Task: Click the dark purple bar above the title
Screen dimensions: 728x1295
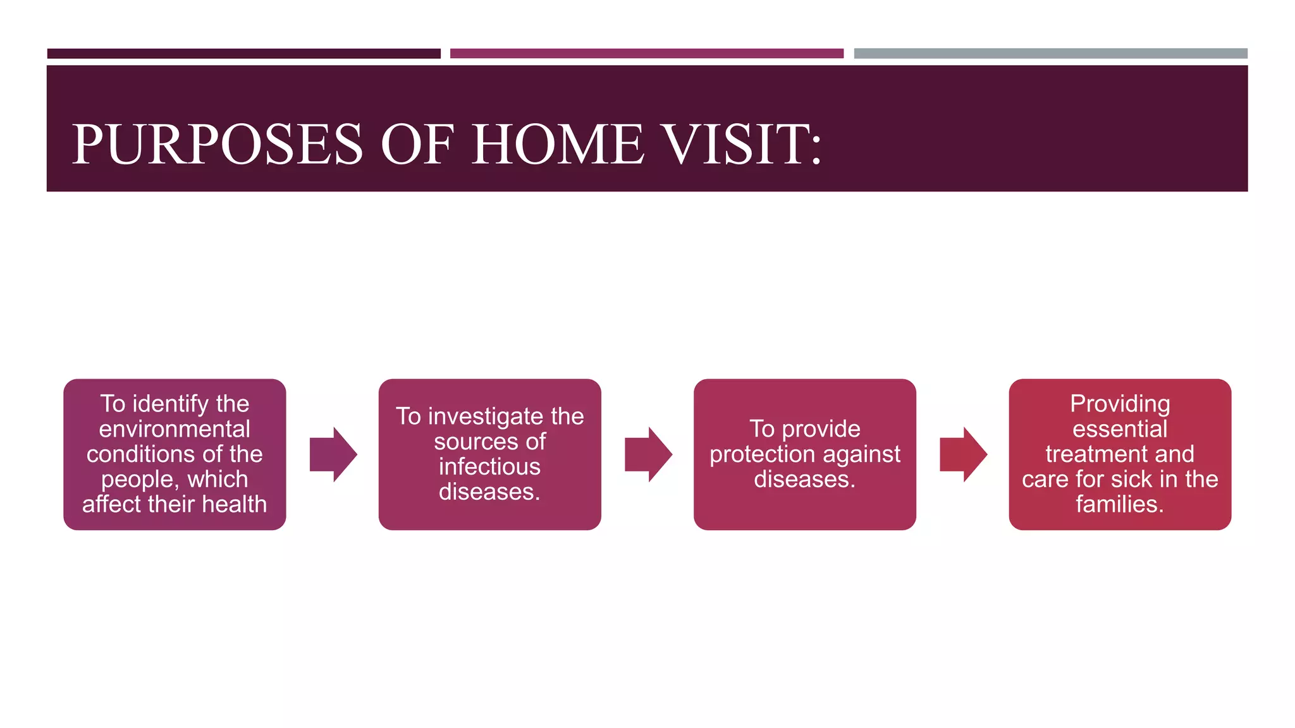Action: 243,54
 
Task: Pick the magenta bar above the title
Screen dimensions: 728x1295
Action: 646,54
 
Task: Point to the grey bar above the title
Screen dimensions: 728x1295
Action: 1050,54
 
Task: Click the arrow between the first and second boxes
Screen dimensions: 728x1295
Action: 333,454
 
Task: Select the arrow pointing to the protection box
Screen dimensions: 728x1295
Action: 648,454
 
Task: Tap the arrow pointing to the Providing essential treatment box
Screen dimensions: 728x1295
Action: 963,454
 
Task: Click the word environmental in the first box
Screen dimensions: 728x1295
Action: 175,429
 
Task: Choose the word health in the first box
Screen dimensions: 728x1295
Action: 235,504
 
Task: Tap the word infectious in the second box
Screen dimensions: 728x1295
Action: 489,467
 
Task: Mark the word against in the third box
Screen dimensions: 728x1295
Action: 863,454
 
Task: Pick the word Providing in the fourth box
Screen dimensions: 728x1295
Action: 1120,404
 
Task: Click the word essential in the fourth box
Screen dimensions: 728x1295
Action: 1120,429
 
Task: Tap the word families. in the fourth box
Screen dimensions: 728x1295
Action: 1120,504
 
